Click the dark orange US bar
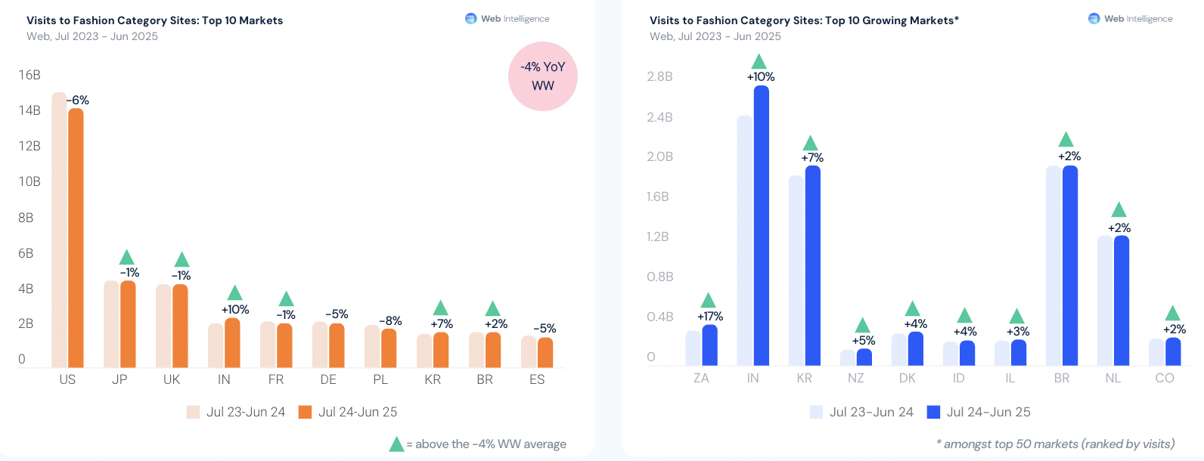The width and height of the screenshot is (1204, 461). pyautogui.click(x=76, y=238)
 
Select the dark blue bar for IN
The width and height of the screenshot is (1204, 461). pyautogui.click(x=761, y=226)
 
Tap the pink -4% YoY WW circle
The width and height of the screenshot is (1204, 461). pyautogui.click(x=542, y=76)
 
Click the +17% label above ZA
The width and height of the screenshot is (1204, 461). pyautogui.click(x=709, y=316)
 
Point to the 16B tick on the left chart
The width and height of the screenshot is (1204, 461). pyautogui.click(x=29, y=75)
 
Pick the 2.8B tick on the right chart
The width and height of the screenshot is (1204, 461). pyautogui.click(x=659, y=76)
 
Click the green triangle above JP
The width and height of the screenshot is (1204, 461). pyautogui.click(x=127, y=258)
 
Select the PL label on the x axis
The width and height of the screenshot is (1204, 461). pyautogui.click(x=380, y=379)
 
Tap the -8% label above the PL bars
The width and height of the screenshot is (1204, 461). pyautogui.click(x=390, y=320)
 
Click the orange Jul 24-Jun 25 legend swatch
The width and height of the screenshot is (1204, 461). pyautogui.click(x=305, y=412)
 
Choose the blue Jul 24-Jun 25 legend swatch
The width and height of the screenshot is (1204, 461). pyautogui.click(x=933, y=412)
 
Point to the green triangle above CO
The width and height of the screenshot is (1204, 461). pyautogui.click(x=1172, y=314)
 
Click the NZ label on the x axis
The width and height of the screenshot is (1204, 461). pyautogui.click(x=855, y=378)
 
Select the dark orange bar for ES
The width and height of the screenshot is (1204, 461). pyautogui.click(x=545, y=352)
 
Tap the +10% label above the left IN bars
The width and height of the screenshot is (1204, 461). pyautogui.click(x=234, y=309)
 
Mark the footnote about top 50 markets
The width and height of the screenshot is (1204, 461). pyautogui.click(x=1055, y=444)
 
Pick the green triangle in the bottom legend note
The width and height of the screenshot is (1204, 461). pyautogui.click(x=396, y=444)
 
